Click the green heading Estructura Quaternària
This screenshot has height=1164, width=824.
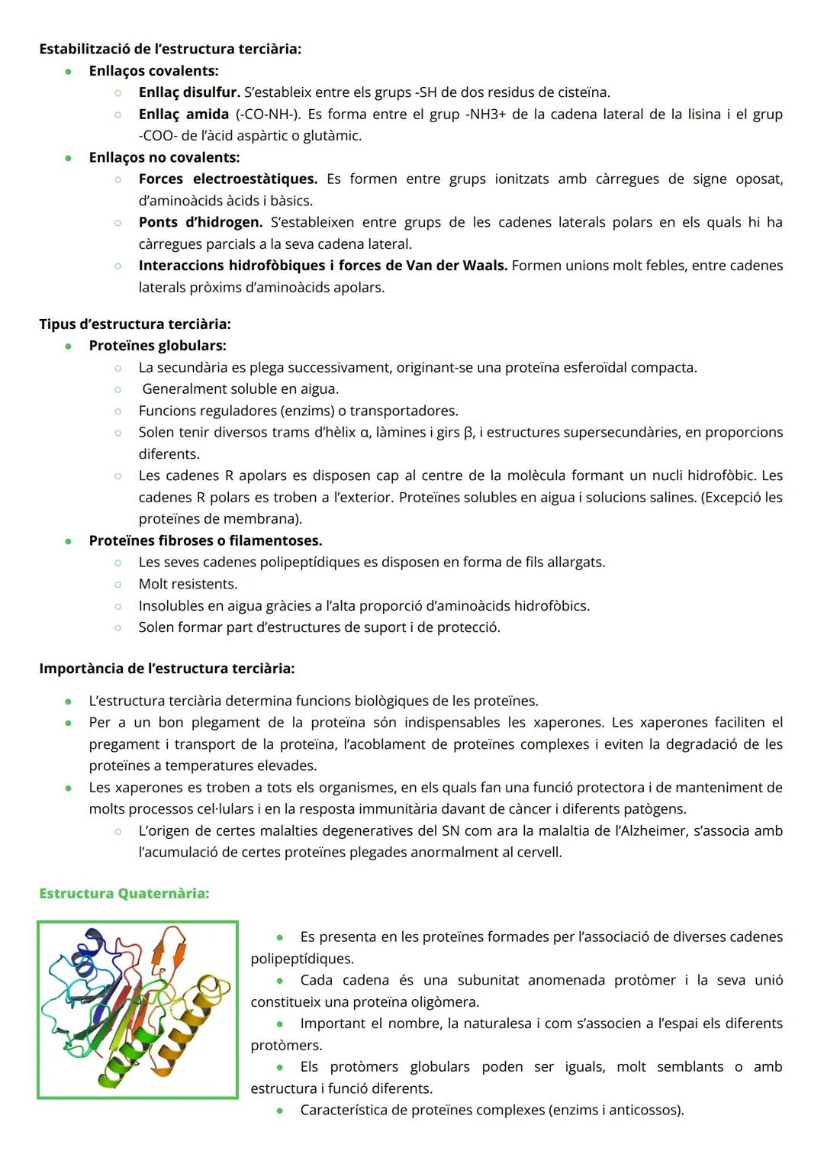(x=124, y=893)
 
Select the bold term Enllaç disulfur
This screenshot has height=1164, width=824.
(x=189, y=92)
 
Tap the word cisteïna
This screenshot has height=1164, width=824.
(x=584, y=92)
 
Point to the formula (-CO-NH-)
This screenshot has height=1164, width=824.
(x=268, y=114)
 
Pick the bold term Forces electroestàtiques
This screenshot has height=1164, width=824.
(x=227, y=179)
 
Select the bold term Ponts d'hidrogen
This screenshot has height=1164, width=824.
(x=200, y=222)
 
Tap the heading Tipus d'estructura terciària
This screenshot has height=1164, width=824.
(x=135, y=324)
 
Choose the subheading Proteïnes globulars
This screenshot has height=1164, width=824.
(x=157, y=346)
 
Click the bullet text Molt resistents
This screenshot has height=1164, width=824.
(x=188, y=584)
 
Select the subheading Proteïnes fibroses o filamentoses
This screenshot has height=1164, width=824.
(x=205, y=540)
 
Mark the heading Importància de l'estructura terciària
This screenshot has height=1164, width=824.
(x=166, y=668)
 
